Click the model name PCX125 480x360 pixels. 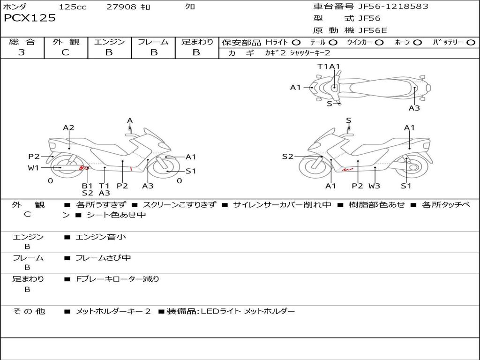click(30, 18)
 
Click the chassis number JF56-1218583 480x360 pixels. click(387, 7)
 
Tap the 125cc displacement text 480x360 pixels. click(73, 7)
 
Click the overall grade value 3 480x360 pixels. click(22, 52)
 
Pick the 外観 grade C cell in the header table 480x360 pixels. click(66, 52)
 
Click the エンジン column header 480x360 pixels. click(109, 42)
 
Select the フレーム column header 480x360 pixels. click(153, 42)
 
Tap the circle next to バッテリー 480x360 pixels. click(471, 42)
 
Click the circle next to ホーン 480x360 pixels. click(418, 42)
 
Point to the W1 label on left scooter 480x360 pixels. click(33, 168)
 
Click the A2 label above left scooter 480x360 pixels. click(69, 127)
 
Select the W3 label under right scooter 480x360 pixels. click(374, 186)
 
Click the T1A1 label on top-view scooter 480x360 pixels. click(329, 67)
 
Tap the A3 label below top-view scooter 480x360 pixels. click(414, 108)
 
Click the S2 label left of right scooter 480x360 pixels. click(287, 157)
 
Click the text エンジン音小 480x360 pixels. click(101, 237)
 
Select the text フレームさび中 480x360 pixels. click(103, 258)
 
